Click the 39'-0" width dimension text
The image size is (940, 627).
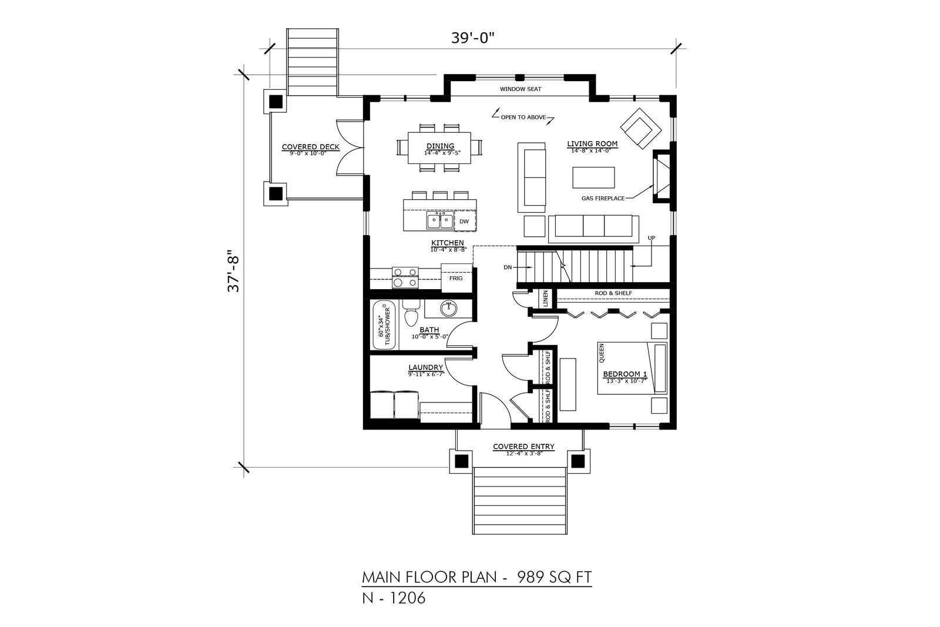[472, 38]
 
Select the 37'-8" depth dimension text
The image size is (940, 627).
[233, 271]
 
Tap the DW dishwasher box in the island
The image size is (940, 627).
[465, 221]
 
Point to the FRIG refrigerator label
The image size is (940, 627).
[456, 279]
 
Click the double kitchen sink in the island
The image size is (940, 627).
[440, 220]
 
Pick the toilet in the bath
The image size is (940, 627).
[410, 313]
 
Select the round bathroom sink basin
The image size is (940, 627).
[449, 309]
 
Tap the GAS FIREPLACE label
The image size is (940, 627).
[603, 198]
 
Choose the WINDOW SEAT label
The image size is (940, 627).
[521, 89]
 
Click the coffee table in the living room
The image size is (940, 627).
[593, 177]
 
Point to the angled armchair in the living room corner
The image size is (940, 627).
[641, 129]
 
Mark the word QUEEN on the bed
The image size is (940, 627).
[602, 353]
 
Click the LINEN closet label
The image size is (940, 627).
[546, 299]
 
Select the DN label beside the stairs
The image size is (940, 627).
[508, 267]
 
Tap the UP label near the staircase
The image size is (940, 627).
[652, 238]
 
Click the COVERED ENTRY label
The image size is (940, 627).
[523, 447]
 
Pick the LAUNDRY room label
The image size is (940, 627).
[426, 368]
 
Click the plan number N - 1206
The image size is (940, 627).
[394, 598]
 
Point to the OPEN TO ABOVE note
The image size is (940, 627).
[523, 117]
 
